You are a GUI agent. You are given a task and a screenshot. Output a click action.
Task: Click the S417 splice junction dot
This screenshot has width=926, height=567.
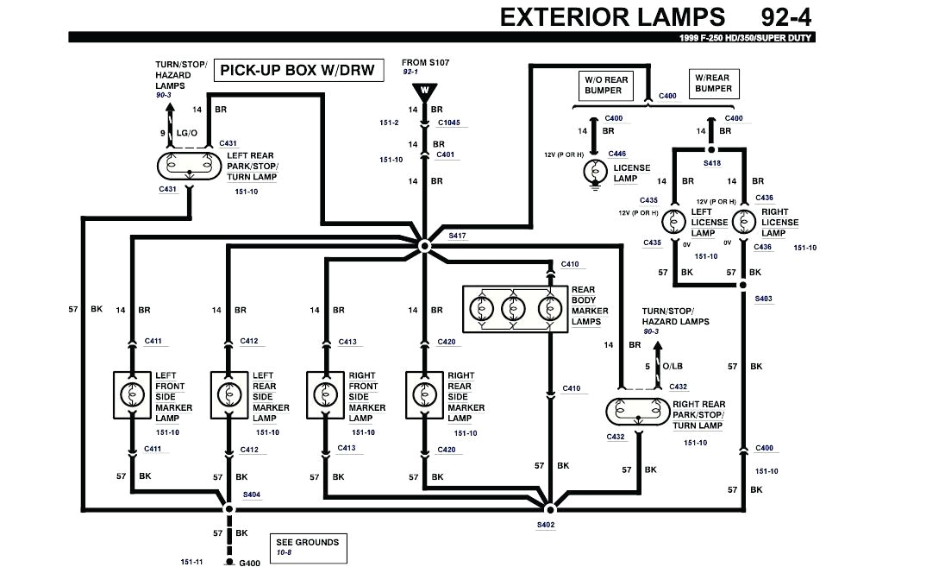423,246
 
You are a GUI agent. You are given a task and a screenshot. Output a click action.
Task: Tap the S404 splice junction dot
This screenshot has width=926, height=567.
228,508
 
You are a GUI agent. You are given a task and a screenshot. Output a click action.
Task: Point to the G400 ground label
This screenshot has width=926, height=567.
249,563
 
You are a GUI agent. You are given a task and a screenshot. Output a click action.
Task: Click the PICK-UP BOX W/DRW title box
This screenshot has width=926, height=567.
298,70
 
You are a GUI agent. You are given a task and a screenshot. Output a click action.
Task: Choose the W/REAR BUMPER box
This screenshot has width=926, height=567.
713,83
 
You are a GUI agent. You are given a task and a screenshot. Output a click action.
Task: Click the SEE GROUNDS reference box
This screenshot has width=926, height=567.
307,546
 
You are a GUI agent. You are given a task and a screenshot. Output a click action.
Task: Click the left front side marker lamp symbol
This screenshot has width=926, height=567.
132,394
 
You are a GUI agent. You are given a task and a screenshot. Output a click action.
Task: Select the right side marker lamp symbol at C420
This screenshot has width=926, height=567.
423,394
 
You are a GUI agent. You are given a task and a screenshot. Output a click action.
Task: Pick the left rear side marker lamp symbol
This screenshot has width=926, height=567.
228,394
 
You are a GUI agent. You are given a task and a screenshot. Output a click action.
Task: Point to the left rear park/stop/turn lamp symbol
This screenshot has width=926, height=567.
189,164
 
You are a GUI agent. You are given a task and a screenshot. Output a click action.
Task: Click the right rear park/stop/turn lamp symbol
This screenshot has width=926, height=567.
639,413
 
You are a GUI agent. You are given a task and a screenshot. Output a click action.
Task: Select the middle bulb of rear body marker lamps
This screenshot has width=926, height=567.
515,308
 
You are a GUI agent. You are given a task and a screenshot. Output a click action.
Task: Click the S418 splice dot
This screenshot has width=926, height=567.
710,148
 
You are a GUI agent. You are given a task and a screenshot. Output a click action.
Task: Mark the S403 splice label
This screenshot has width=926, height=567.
763,299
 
